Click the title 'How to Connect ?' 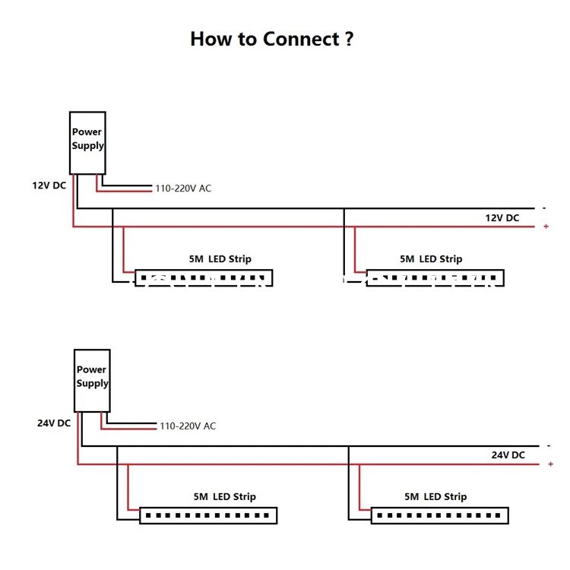[x=272, y=39]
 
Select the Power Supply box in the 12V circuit [x=87, y=143]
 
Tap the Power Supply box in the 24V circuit [x=92, y=381]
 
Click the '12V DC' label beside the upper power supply [x=49, y=185]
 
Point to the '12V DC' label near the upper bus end [x=502, y=218]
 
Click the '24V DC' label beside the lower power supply [x=54, y=423]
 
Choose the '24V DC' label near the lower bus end [x=508, y=454]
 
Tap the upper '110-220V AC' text [x=183, y=188]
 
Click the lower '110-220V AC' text [x=188, y=426]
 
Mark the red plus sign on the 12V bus [x=546, y=226]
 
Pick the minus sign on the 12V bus [x=544, y=208]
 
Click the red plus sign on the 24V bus [x=551, y=464]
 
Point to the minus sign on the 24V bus [x=549, y=445]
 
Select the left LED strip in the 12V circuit [x=204, y=278]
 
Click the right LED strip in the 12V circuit [x=435, y=278]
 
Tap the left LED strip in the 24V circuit [x=208, y=515]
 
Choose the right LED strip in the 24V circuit [x=440, y=515]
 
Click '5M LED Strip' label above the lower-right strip [x=435, y=496]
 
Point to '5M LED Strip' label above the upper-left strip [x=220, y=259]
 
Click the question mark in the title [x=349, y=39]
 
